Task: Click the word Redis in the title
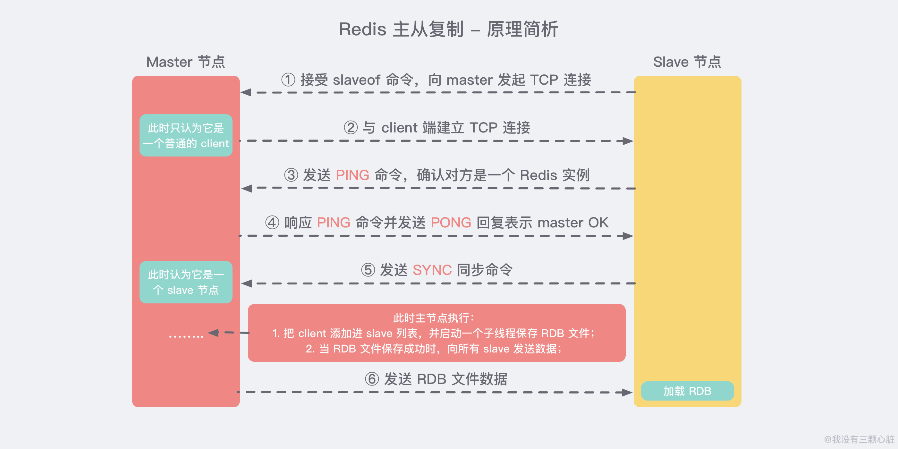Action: (x=362, y=29)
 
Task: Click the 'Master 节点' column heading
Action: (x=185, y=62)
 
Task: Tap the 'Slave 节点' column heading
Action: (x=687, y=62)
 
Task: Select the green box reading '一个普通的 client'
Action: (x=186, y=135)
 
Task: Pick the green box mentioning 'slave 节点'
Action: (x=186, y=282)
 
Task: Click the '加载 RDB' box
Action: (x=687, y=391)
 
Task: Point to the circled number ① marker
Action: (x=288, y=80)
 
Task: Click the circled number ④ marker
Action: (x=272, y=222)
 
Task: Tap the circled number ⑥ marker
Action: (x=372, y=379)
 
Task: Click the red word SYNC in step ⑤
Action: (x=432, y=270)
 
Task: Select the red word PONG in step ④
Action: (x=451, y=222)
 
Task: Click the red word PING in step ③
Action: (x=352, y=175)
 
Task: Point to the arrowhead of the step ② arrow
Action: (x=628, y=141)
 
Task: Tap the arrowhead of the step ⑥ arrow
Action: (x=627, y=392)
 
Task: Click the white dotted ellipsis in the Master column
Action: (x=186, y=336)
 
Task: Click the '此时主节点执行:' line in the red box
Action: (x=434, y=318)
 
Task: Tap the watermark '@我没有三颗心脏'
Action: (x=859, y=439)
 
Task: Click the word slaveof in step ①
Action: (x=356, y=80)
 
